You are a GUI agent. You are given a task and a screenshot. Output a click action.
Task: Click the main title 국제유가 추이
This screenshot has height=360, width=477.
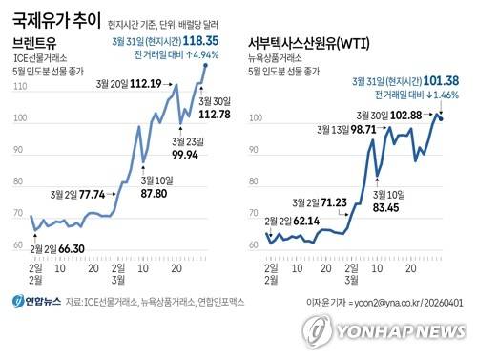[x=57, y=18]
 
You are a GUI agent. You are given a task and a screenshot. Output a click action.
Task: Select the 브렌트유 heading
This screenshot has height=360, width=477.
[x=35, y=44]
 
